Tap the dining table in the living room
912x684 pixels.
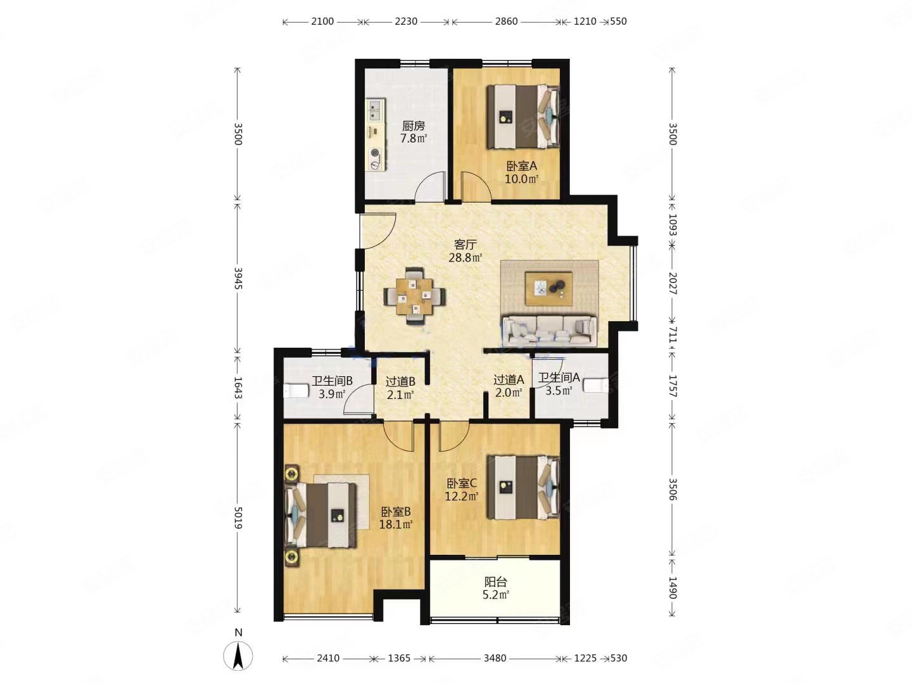(414, 296)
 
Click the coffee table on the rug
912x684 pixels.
(548, 288)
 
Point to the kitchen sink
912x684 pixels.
(84, 110)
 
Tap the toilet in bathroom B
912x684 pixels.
(296, 391)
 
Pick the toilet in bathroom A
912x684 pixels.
(595, 384)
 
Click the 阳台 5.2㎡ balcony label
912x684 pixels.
(496, 588)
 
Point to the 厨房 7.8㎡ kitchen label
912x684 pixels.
(414, 132)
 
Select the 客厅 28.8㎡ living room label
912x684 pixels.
(465, 251)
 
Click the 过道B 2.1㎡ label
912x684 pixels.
(400, 388)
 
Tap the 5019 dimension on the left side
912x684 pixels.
(238, 517)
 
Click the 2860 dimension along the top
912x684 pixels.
(506, 22)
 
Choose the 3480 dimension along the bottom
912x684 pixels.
(495, 658)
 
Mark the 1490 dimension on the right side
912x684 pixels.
(673, 588)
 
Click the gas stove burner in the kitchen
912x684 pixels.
(85, 153)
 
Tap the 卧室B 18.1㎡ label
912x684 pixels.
(396, 518)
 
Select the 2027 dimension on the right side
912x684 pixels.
(673, 283)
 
